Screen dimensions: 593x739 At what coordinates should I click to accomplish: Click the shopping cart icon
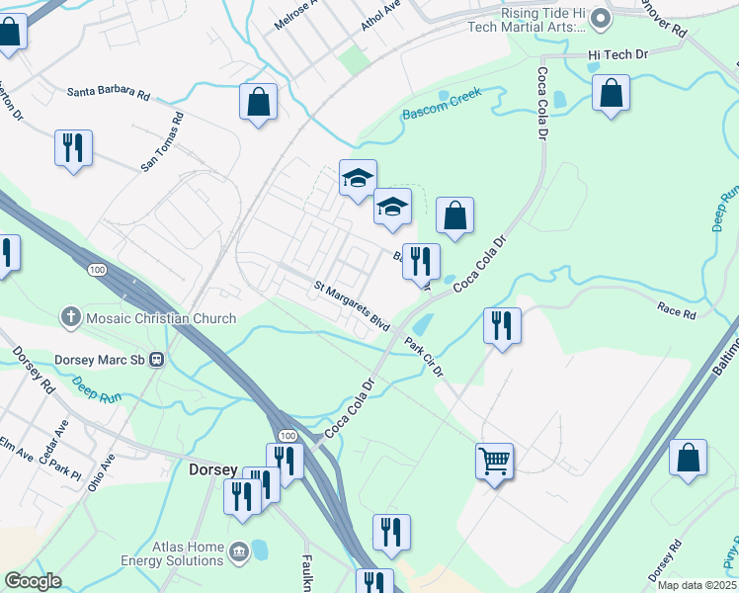pos(494,460)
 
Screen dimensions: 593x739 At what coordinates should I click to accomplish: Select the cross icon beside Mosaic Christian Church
pos(70,318)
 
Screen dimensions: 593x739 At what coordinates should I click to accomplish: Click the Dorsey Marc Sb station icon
pos(156,361)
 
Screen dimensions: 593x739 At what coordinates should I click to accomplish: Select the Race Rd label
pos(677,312)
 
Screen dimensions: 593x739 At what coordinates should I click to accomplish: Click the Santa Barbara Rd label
pos(109,94)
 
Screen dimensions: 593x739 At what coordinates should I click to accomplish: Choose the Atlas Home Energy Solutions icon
pos(238,551)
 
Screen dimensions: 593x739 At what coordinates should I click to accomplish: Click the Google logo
pos(33,581)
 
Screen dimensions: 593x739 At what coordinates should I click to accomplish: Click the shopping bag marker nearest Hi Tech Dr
pos(612,94)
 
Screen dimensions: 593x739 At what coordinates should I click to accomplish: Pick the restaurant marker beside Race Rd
pos(502,325)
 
